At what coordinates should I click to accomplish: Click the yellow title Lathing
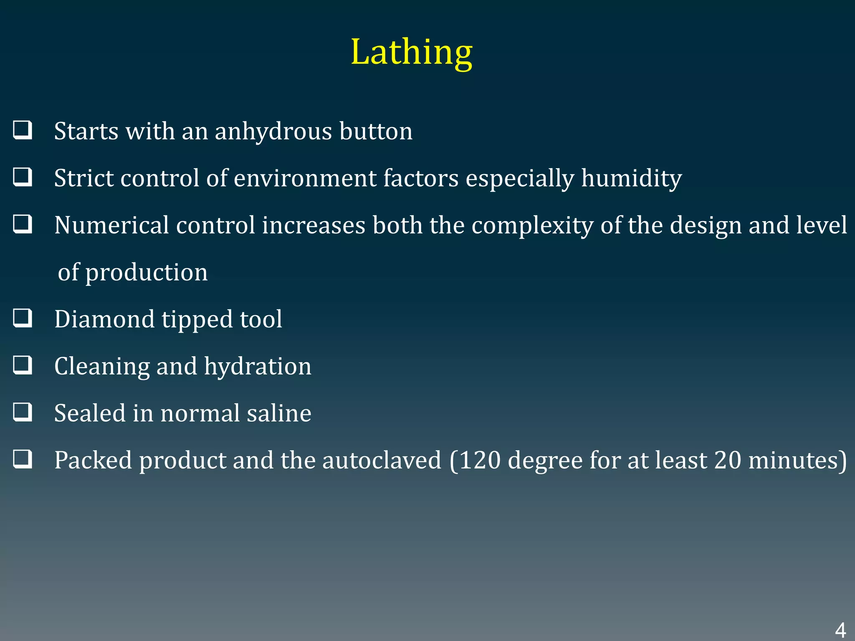(x=411, y=52)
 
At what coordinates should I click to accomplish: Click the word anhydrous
(x=273, y=131)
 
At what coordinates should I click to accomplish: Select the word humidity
(x=632, y=179)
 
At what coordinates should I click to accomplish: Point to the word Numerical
(x=111, y=225)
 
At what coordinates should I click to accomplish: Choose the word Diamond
(x=104, y=319)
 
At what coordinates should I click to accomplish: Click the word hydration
(x=258, y=367)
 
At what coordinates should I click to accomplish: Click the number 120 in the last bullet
(x=480, y=460)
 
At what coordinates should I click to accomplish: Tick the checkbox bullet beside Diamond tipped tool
(x=23, y=318)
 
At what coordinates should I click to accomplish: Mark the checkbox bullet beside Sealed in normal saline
(x=23, y=412)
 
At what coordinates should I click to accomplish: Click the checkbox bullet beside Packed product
(x=23, y=459)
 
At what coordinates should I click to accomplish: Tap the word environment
(x=305, y=179)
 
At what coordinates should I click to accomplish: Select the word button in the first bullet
(x=376, y=131)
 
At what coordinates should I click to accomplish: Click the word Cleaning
(x=102, y=367)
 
